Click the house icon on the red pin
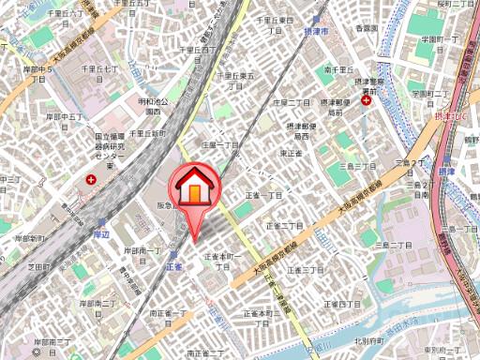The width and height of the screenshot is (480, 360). point(195,187)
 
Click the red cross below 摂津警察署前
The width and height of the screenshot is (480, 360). point(366,100)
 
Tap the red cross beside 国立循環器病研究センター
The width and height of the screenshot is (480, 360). point(91,178)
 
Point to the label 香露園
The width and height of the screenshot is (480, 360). point(366,30)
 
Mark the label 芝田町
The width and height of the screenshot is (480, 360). point(38,267)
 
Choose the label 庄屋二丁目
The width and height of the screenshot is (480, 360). point(292,101)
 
